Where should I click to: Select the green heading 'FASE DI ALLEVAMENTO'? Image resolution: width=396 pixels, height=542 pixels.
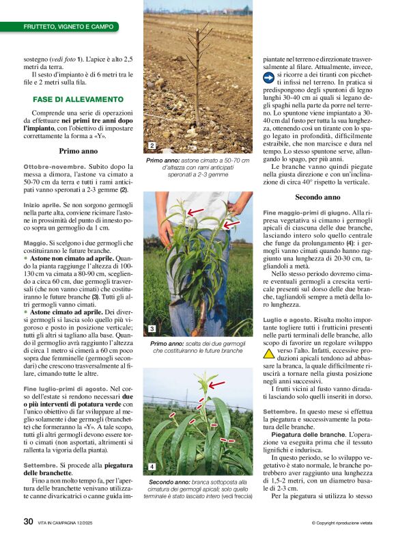click(x=78, y=99)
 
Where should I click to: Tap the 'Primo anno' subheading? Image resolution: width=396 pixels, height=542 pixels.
click(x=79, y=150)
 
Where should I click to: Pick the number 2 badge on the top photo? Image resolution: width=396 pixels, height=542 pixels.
click(x=151, y=146)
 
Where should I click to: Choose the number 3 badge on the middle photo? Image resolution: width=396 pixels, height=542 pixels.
click(x=152, y=329)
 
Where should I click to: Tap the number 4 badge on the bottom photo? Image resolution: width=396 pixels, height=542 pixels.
click(x=152, y=467)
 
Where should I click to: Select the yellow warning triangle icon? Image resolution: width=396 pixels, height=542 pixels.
click(x=269, y=353)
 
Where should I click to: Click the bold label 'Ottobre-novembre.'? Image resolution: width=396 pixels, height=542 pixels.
click(x=53, y=167)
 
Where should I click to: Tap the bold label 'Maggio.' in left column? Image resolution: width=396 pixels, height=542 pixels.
click(x=35, y=243)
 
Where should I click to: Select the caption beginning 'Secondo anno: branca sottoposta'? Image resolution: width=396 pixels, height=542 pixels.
click(x=197, y=489)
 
